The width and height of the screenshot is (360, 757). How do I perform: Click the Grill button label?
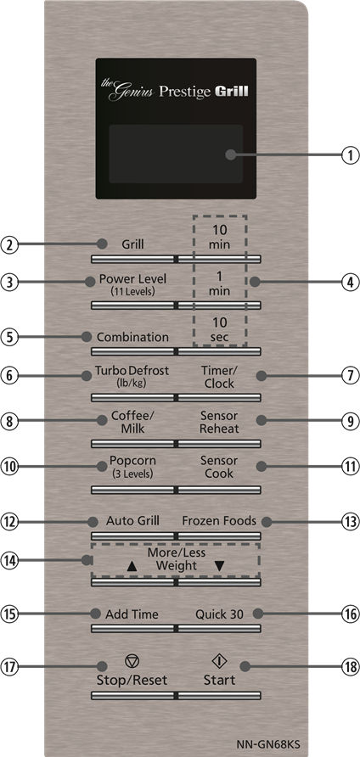pos(133,244)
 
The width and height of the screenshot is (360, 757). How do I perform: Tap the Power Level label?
pos(132,279)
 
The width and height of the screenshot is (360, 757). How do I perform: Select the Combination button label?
pos(133,337)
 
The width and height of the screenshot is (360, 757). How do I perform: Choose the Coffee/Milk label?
pos(132,422)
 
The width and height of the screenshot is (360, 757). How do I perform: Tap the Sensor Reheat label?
pos(219,422)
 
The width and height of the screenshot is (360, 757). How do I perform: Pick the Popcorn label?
pos(132,460)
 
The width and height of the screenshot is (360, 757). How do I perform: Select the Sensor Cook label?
pos(219,467)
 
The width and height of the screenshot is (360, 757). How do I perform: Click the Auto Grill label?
pos(132,521)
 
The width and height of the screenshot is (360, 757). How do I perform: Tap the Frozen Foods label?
pos(219,521)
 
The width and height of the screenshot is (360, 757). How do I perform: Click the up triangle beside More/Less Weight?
pos(132,566)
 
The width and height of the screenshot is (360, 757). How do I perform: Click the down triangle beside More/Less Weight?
pos(219,566)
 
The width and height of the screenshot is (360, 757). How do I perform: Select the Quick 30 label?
pos(219,614)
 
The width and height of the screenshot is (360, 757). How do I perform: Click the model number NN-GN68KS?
pos(268,743)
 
